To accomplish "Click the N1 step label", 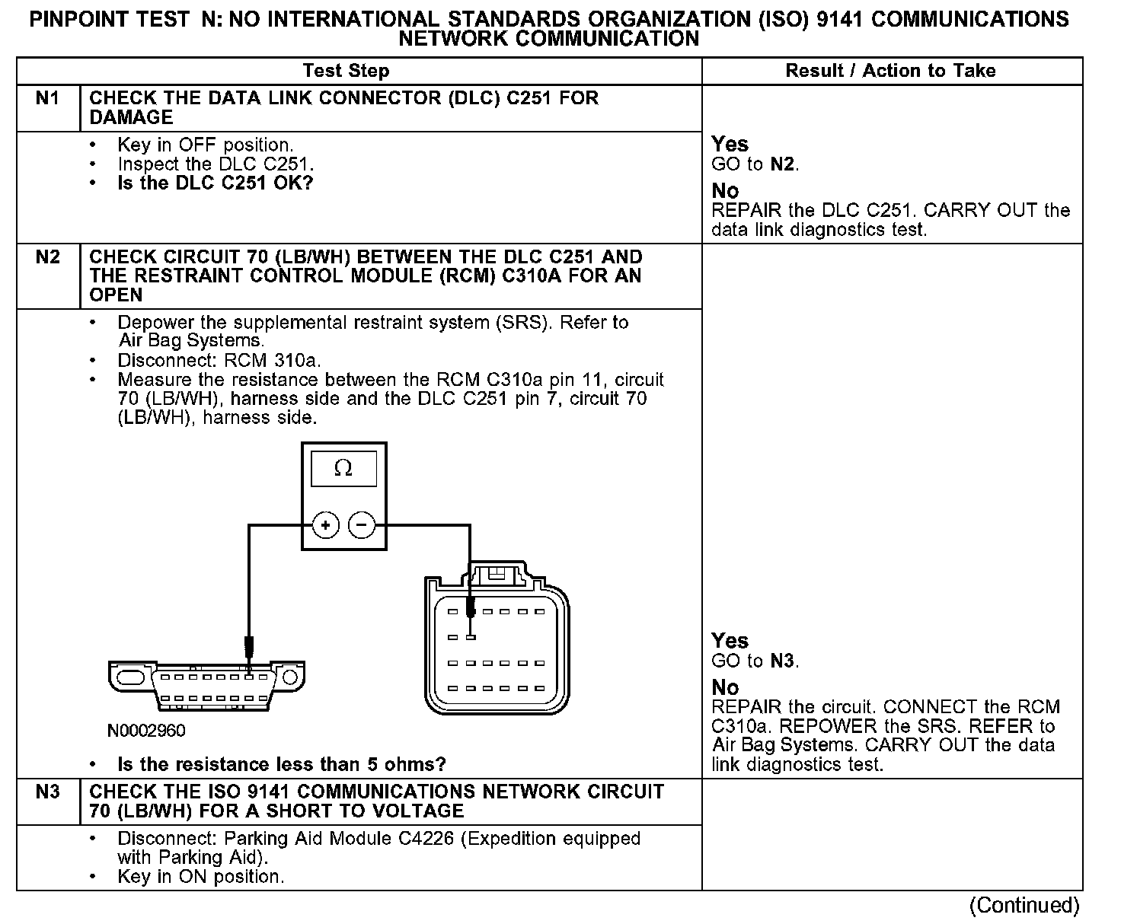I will (x=47, y=98).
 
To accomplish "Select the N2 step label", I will (x=47, y=257).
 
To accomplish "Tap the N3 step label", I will (x=47, y=792).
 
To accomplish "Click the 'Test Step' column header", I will (x=346, y=71).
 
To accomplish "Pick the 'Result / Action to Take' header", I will (x=890, y=71).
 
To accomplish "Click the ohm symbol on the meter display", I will (x=343, y=469).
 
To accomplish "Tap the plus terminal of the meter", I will (x=325, y=525).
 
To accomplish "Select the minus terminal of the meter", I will (x=362, y=525).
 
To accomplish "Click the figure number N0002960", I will (x=146, y=731).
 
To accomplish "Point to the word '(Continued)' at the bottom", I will (x=1024, y=905).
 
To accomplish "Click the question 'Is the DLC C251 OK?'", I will (x=216, y=183).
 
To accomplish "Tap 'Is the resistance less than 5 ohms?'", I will (x=282, y=764).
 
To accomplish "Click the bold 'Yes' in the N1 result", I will (x=730, y=144).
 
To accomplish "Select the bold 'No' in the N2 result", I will (x=725, y=687).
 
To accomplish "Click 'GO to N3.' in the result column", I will (x=755, y=661).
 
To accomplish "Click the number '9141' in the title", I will (x=840, y=20).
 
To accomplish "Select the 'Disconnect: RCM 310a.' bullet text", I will (x=219, y=360).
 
